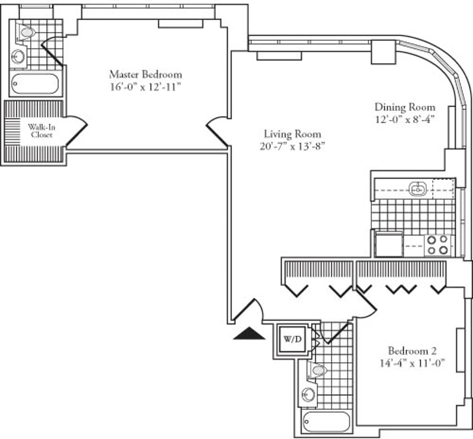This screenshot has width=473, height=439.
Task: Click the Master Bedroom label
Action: click(145, 75)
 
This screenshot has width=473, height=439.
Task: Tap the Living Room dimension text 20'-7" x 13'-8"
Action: click(292, 147)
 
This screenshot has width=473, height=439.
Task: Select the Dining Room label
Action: click(405, 107)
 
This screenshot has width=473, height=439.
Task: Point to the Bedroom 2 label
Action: click(412, 351)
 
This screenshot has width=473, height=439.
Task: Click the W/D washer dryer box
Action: click(292, 340)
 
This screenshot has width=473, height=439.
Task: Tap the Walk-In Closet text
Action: click(41, 131)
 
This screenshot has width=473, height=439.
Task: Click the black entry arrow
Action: click(249, 333)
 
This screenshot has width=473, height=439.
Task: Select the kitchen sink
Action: click(417, 189)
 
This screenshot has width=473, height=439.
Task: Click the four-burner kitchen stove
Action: click(438, 245)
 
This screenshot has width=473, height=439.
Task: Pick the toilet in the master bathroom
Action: click(25, 32)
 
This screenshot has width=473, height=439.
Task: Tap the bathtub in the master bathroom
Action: click(35, 83)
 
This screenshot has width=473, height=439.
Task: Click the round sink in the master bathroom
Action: click(18, 56)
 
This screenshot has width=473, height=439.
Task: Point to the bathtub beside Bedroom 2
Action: click(326, 421)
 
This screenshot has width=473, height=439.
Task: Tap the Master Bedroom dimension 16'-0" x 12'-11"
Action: click(145, 87)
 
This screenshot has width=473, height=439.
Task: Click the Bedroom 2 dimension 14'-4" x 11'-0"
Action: click(412, 363)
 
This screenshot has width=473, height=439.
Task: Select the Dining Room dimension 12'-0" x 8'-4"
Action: click(404, 120)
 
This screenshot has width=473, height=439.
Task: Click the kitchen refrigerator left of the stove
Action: click(388, 244)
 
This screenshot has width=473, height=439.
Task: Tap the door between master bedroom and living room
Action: click(217, 133)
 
